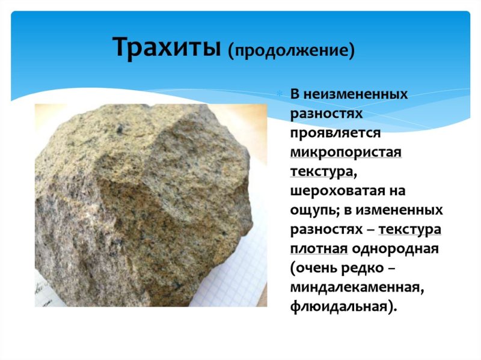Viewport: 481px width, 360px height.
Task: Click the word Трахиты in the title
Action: point(167,47)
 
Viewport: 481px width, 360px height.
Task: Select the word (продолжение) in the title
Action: point(290,50)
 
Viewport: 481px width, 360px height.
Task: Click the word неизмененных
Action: point(355,94)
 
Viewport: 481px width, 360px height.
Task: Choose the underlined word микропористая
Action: point(345,153)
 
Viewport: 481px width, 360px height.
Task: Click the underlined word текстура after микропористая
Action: point(320,172)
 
